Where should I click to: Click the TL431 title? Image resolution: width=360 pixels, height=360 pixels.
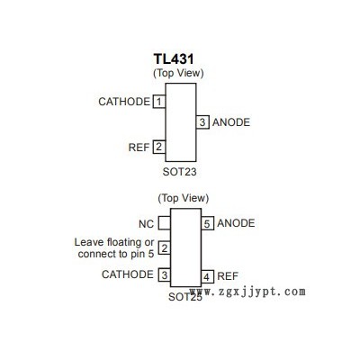pyautogui.click(x=174, y=58)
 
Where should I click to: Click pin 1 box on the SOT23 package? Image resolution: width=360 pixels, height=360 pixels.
pyautogui.click(x=159, y=102)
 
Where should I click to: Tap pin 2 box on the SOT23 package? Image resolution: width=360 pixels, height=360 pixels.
pyautogui.click(x=159, y=147)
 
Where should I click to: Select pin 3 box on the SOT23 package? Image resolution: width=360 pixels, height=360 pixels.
pyautogui.click(x=202, y=122)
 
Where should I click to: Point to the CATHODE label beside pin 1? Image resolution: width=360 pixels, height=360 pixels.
pyautogui.click(x=124, y=102)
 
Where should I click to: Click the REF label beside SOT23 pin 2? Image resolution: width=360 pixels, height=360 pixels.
pyautogui.click(x=139, y=148)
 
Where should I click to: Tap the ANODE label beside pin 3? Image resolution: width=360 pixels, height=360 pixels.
pyautogui.click(x=231, y=122)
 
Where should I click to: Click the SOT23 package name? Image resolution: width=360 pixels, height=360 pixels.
pyautogui.click(x=179, y=172)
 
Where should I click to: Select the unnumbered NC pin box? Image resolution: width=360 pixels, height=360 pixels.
pyautogui.click(x=164, y=223)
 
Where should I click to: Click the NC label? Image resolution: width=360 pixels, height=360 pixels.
pyautogui.click(x=146, y=224)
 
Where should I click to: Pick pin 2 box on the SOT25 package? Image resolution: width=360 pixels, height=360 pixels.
pyautogui.click(x=164, y=248)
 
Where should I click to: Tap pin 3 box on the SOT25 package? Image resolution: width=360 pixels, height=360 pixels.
pyautogui.click(x=164, y=274)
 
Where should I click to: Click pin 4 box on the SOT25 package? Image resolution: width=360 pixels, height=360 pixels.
pyautogui.click(x=207, y=276)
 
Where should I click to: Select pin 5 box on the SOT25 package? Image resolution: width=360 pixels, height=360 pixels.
pyautogui.click(x=207, y=223)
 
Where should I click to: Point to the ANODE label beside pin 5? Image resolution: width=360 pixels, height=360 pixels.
pyautogui.click(x=236, y=223)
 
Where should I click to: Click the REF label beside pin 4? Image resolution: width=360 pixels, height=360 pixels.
pyautogui.click(x=228, y=276)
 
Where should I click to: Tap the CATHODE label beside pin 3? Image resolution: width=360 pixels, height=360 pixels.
pyautogui.click(x=128, y=274)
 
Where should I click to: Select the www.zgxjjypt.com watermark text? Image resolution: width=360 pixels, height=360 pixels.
pyautogui.click(x=247, y=292)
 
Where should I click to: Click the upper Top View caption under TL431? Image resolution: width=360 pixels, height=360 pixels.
pyautogui.click(x=178, y=73)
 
